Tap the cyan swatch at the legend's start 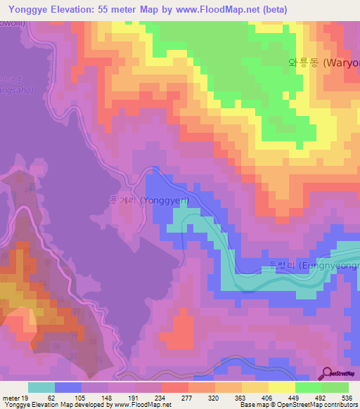[41, 387]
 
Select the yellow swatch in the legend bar [282, 387]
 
